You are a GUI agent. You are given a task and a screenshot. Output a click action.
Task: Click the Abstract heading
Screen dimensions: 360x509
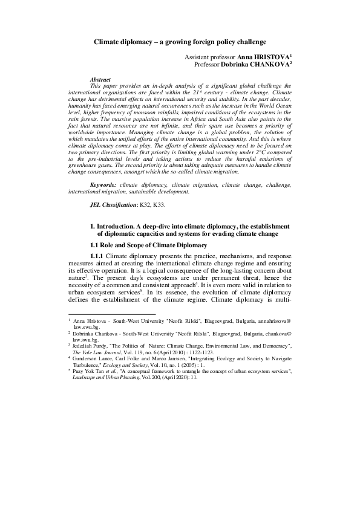pyautogui.click(x=100, y=80)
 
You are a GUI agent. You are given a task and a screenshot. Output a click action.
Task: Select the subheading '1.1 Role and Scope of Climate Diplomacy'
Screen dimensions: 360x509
pyautogui.click(x=148, y=245)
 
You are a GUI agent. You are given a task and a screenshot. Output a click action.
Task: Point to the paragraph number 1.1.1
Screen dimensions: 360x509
pyautogui.click(x=97, y=256)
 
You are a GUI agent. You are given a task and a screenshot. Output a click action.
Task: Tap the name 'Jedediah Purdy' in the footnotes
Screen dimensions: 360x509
pyautogui.click(x=91, y=343)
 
